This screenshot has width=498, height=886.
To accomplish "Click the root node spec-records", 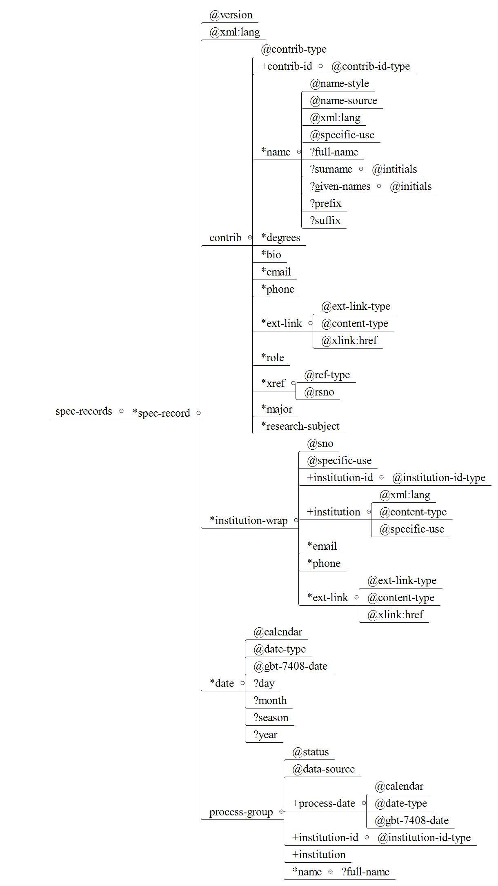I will point(84,411).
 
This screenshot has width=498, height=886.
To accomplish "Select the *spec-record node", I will point(161,413).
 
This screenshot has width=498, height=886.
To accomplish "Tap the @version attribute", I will point(231,15).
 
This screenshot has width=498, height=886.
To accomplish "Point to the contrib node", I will point(225,238).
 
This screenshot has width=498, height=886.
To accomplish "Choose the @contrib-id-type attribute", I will point(371,67).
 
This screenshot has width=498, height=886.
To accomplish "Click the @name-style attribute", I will point(339,84).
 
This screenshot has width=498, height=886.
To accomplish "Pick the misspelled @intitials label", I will point(394,169).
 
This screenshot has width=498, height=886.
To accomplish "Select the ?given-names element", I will point(340,187).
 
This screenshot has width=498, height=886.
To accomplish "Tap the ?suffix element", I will point(325,221).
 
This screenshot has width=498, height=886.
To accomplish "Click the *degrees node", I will point(280,238).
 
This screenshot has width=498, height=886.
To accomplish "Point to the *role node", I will point(273,358).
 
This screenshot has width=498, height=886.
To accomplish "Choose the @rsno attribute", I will point(319,392).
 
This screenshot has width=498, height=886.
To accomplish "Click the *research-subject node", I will point(300,426).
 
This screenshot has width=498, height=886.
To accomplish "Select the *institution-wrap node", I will point(249,520).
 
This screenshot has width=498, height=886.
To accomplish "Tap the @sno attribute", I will point(320,444).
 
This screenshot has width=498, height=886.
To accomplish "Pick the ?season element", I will point(271,718).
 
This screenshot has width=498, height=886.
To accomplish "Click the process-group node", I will point(241,812).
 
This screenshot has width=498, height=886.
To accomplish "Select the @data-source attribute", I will point(323,769).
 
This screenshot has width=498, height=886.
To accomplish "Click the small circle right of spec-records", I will point(121,411).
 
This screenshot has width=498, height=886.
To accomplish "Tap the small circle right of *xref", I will point(293,383).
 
